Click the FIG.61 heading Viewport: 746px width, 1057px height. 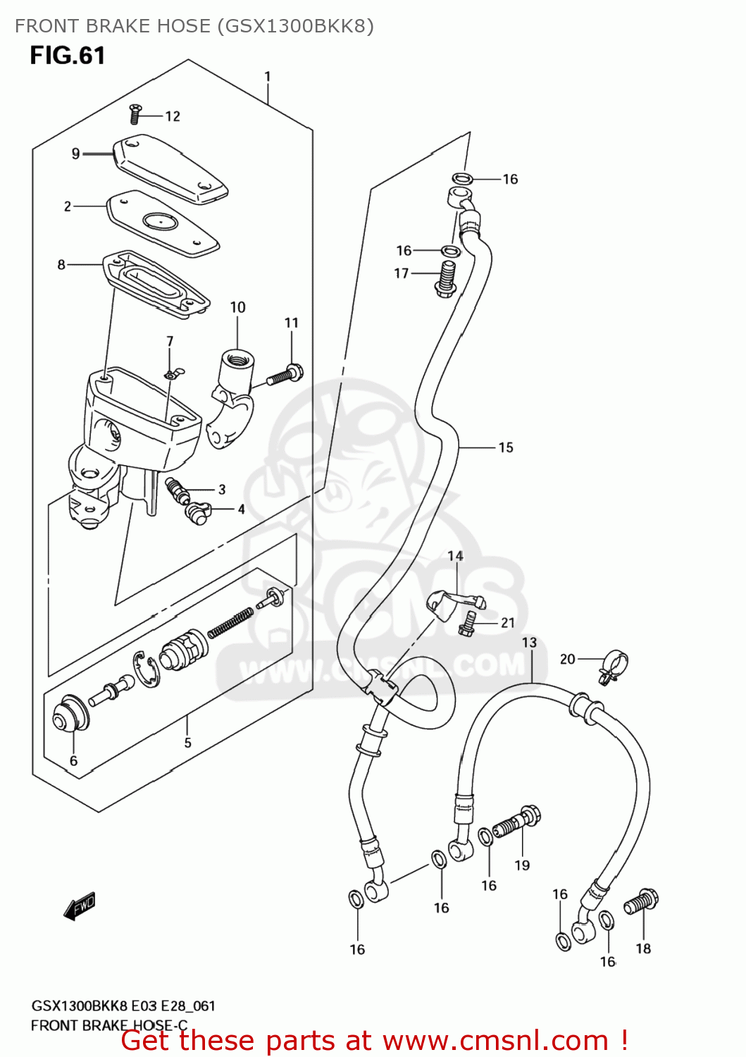pyautogui.click(x=68, y=56)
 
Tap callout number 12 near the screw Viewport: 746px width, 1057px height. pyautogui.click(x=173, y=116)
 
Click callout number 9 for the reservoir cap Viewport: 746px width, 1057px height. pyautogui.click(x=75, y=154)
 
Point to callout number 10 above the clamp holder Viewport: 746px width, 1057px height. pyautogui.click(x=237, y=307)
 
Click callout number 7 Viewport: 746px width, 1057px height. pyautogui.click(x=170, y=341)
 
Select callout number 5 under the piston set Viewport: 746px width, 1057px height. pyautogui.click(x=187, y=743)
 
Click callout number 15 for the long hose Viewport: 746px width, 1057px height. pyautogui.click(x=506, y=447)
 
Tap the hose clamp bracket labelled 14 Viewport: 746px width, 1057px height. pyautogui.click(x=451, y=603)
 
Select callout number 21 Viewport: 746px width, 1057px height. pyautogui.click(x=508, y=623)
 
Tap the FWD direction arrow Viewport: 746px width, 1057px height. pyautogui.click(x=79, y=906)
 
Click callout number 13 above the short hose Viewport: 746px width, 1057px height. pyautogui.click(x=529, y=643)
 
